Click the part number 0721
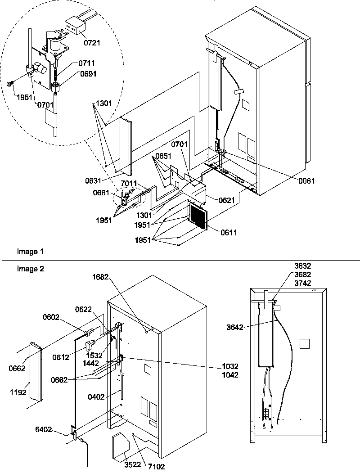[x=91, y=43]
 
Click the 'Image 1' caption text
[x=27, y=252]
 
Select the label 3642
[x=234, y=327]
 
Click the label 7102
[x=156, y=467]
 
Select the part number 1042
[x=229, y=374]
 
